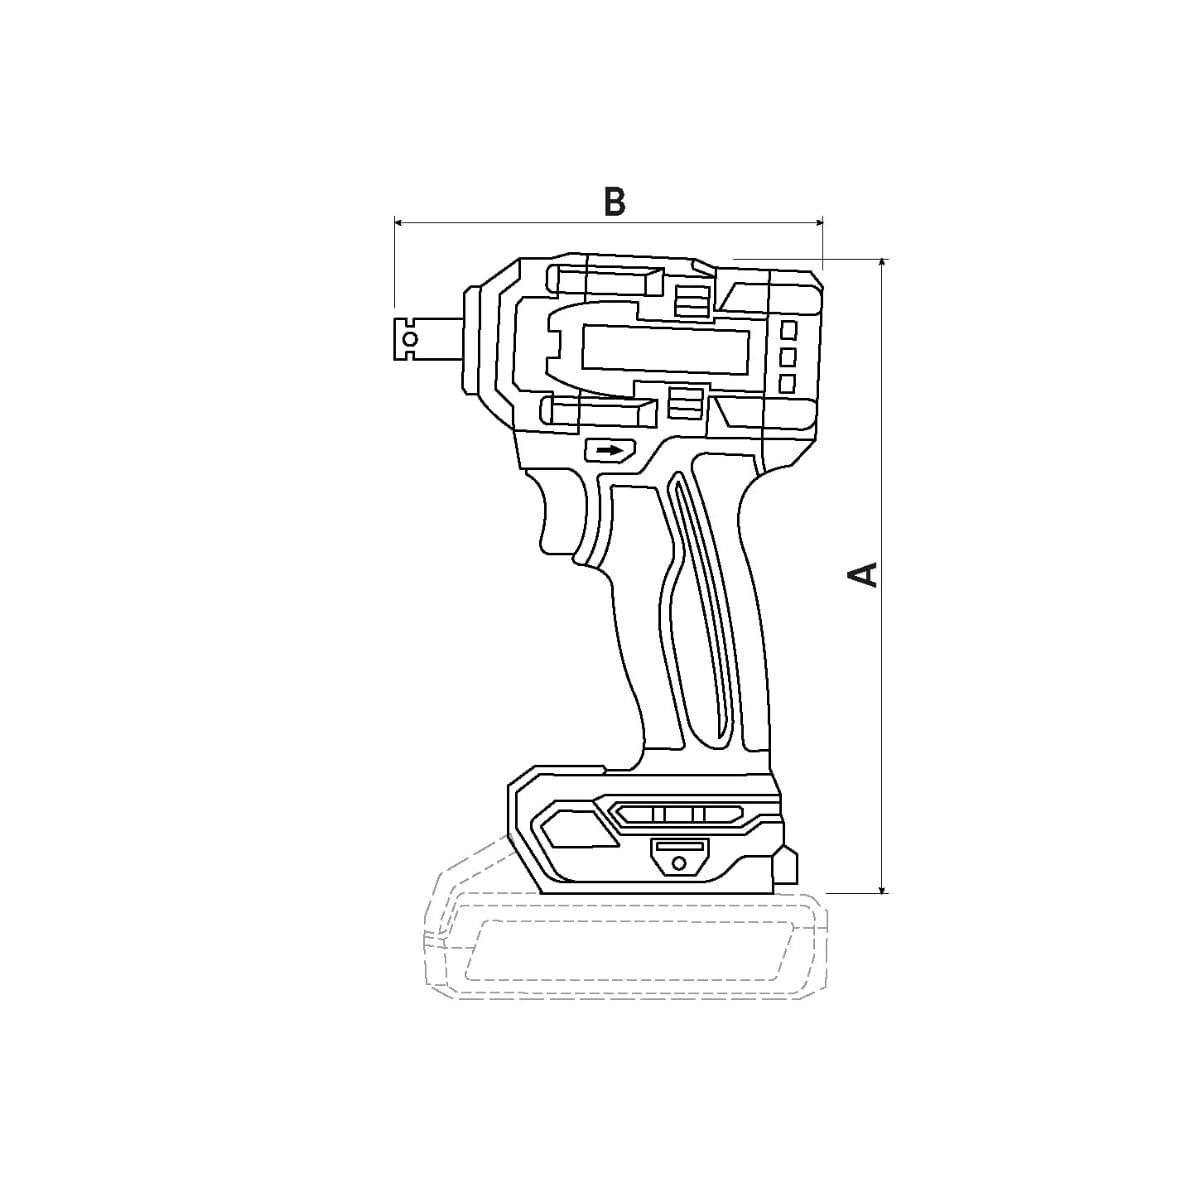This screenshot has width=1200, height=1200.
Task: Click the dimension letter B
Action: coord(614,201)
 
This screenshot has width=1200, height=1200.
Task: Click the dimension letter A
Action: coord(863,574)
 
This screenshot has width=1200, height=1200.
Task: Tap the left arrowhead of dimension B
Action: coord(399,222)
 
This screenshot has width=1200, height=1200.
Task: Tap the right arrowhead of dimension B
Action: coord(818,222)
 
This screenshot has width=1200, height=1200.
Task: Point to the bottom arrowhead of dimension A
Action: coord(882,888)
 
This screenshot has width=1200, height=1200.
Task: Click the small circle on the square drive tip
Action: coord(411,339)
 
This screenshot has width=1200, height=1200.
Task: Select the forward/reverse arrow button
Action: coord(609,449)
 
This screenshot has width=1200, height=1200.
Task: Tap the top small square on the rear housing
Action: coord(789,329)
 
